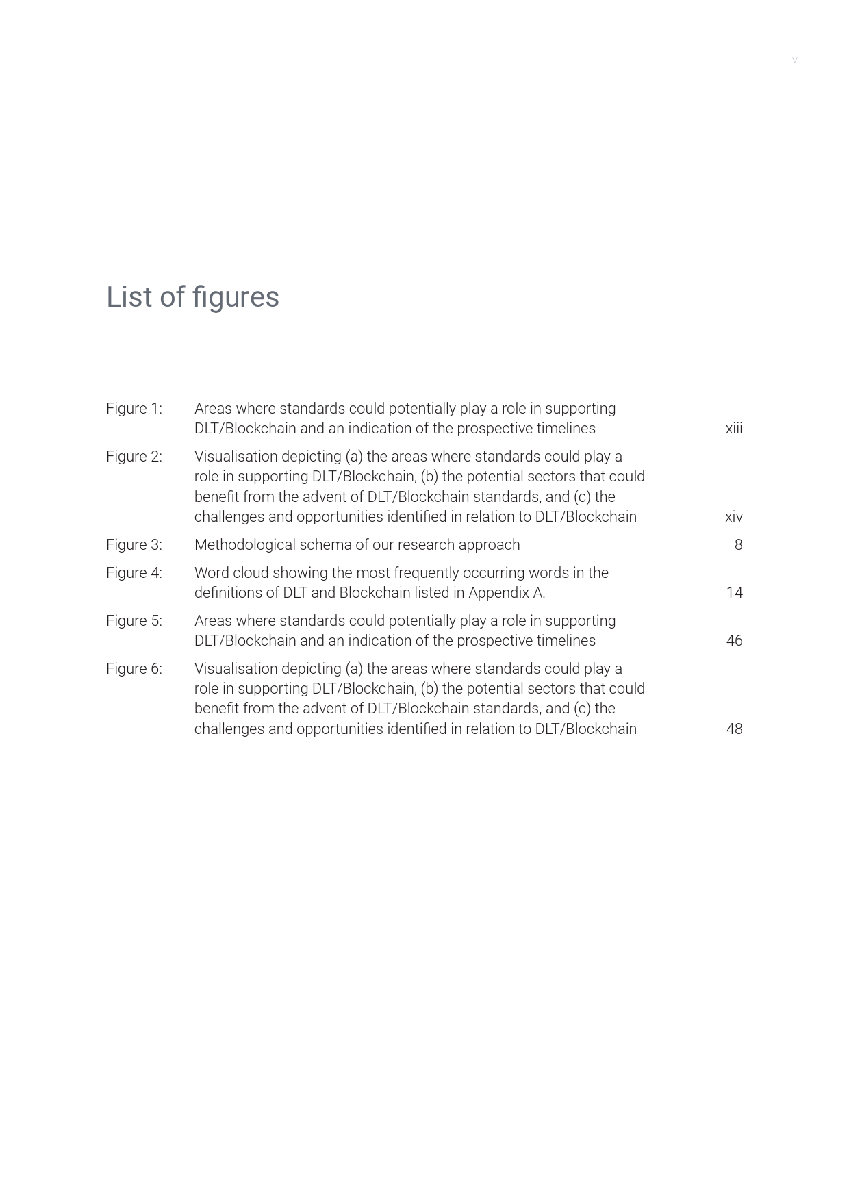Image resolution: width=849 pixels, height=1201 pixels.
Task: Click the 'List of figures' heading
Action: (x=192, y=297)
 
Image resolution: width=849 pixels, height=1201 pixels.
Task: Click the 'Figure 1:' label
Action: (x=134, y=409)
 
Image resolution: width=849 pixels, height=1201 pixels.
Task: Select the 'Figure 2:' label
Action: (x=134, y=457)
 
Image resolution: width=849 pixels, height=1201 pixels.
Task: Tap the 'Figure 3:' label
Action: (x=134, y=545)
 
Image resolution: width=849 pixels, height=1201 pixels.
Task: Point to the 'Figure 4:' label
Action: (x=134, y=573)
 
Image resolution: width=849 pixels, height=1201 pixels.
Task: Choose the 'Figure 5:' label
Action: (x=134, y=621)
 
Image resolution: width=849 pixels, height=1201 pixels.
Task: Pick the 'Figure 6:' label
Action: (x=134, y=669)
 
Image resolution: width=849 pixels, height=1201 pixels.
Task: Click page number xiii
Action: (x=734, y=429)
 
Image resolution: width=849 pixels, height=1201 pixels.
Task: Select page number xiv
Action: (x=734, y=517)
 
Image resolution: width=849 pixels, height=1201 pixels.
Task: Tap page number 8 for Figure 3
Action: (x=738, y=545)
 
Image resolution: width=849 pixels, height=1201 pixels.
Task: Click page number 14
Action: (x=734, y=593)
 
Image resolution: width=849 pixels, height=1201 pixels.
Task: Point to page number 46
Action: (x=734, y=641)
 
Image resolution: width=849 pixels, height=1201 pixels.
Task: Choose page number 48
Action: (x=734, y=729)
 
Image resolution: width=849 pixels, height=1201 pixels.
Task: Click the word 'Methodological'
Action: (x=244, y=545)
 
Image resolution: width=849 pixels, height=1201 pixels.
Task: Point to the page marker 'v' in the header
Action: (x=794, y=60)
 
